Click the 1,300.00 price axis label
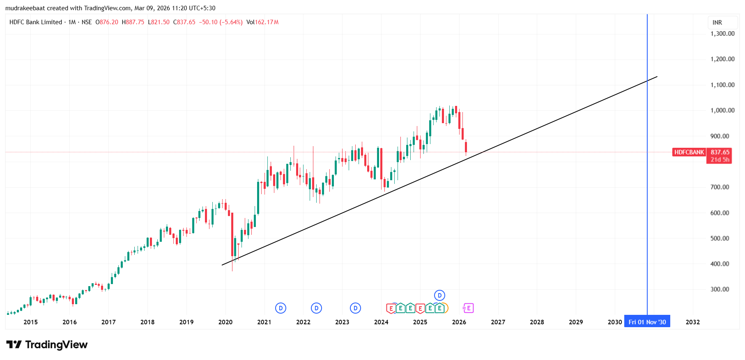pos(722,34)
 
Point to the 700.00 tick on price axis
pos(720,187)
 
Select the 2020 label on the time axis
pos(225,322)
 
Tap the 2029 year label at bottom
pos(575,322)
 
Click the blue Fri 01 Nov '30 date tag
pos(647,322)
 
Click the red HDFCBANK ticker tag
pos(689,152)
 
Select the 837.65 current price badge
pos(720,152)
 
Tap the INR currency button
pos(717,23)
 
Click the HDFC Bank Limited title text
pos(36,22)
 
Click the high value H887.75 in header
pos(133,22)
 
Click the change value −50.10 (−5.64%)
pos(221,22)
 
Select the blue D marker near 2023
pos(355,308)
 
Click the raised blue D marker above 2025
pos(439,295)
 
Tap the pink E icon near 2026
pos(468,308)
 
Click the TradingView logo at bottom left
pos(47,344)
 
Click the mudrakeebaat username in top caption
pos(25,8)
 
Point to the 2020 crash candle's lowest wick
pos(232,270)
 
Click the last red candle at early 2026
pos(466,147)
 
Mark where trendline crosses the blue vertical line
pos(647,80)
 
